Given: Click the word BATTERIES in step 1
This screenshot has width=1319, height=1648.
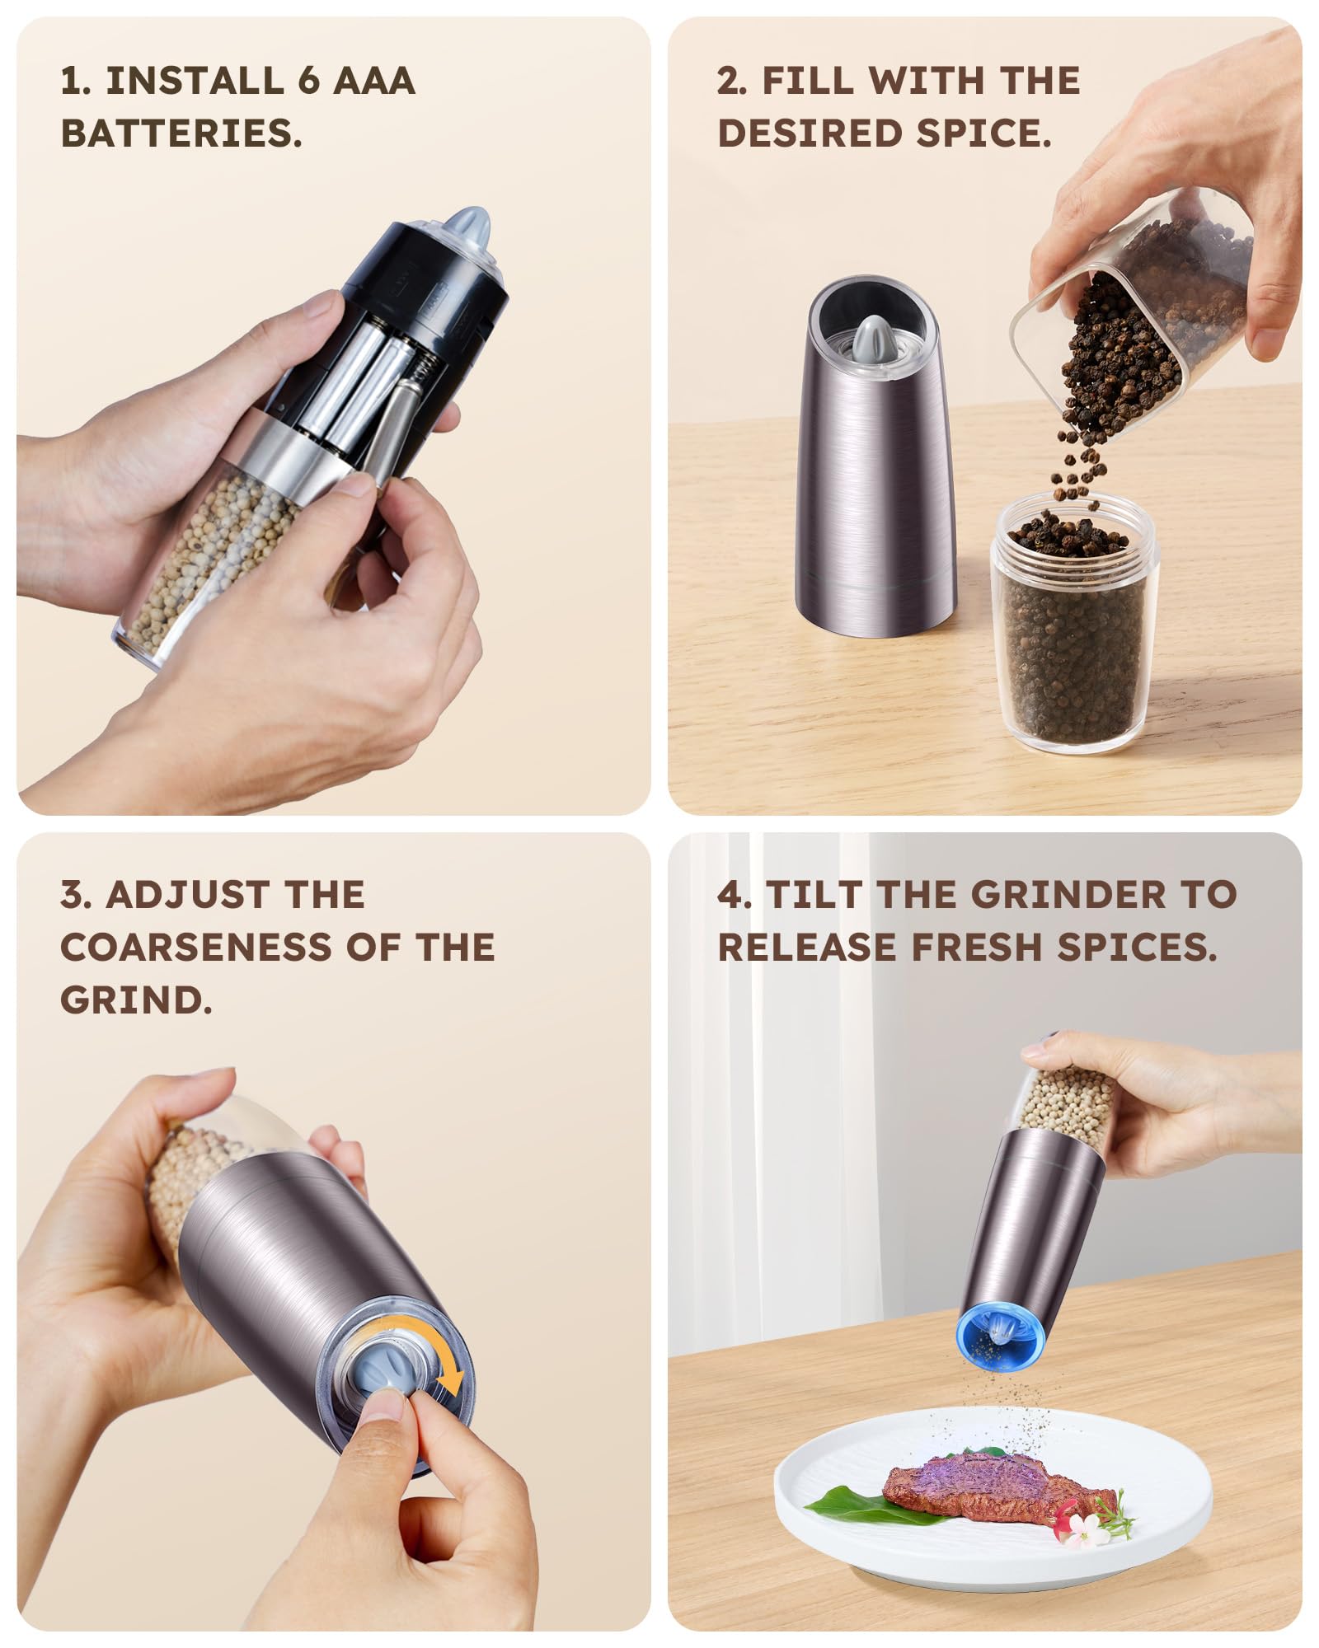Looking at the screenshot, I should (181, 133).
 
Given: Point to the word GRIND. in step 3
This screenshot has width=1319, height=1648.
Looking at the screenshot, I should (136, 1000).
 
